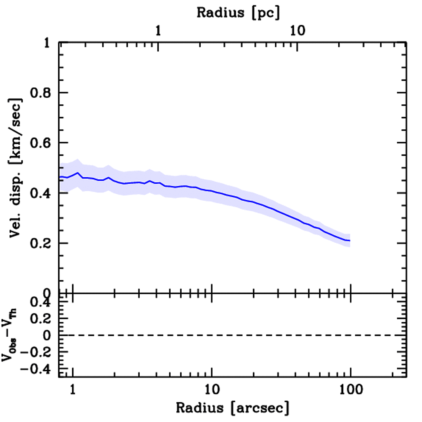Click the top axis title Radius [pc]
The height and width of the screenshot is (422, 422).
(x=238, y=12)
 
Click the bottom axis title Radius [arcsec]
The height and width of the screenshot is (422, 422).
(x=232, y=408)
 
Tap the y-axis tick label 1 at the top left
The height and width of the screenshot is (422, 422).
(x=48, y=43)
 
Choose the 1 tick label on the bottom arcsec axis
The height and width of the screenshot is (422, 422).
(x=73, y=389)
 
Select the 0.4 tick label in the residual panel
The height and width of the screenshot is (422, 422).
(x=41, y=302)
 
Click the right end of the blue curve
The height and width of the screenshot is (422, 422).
(x=349, y=240)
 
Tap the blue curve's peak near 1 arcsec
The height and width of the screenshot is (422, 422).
(x=77, y=173)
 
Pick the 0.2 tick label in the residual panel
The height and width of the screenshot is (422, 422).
(x=41, y=319)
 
